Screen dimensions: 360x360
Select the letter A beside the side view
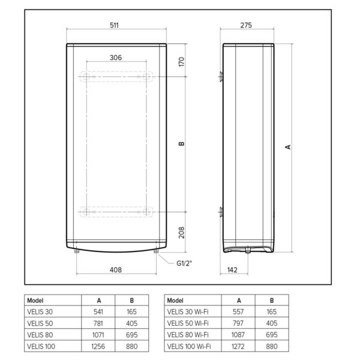(x=288, y=147)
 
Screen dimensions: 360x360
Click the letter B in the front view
(x=181, y=143)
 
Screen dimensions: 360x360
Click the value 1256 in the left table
(x=99, y=346)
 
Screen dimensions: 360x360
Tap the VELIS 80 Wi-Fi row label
(x=188, y=335)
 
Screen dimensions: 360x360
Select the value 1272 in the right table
(x=239, y=346)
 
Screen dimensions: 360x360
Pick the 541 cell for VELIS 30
(x=99, y=312)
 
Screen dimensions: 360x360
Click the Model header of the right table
(x=175, y=301)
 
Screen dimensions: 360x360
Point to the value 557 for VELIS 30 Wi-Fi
(x=239, y=312)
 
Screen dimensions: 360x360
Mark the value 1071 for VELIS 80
(x=99, y=335)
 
